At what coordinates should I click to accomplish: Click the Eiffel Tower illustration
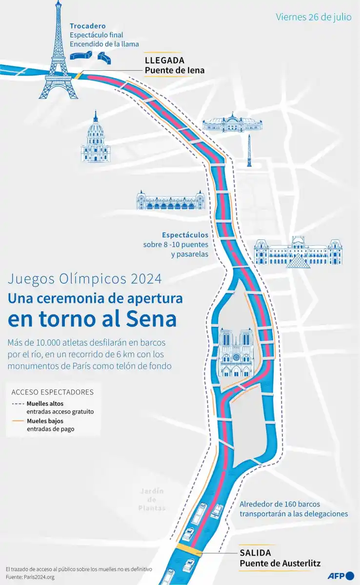click(59, 54)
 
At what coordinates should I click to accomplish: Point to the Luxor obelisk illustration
click(249, 151)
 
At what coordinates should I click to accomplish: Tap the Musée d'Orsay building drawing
click(171, 199)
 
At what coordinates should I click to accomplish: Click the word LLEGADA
click(164, 60)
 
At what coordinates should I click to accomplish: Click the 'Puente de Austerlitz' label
click(280, 563)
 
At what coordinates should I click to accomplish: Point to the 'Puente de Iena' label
click(174, 70)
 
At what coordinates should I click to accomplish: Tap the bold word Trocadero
click(87, 26)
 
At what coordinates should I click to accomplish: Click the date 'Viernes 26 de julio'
click(313, 17)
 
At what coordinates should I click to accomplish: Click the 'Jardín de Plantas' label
click(152, 499)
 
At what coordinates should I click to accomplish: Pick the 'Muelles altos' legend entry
click(45, 404)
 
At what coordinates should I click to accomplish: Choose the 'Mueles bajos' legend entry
click(44, 421)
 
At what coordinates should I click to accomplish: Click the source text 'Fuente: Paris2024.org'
click(30, 577)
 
